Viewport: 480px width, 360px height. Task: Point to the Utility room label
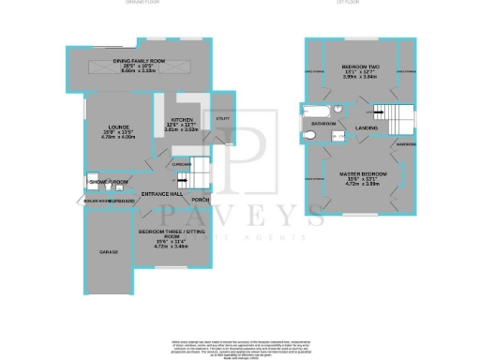[x=222, y=119]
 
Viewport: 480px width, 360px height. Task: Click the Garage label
[x=110, y=252]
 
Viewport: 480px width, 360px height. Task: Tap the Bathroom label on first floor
[x=324, y=123]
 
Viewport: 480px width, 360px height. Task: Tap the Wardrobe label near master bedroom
[x=405, y=145]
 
